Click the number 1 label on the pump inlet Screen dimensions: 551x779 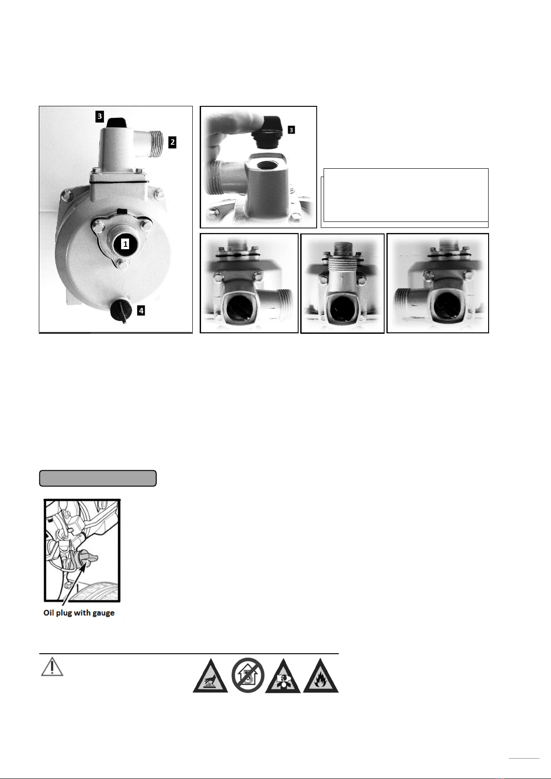[x=125, y=244]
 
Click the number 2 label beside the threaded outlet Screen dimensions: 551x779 [x=172, y=142]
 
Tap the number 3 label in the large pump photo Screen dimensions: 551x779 [x=100, y=116]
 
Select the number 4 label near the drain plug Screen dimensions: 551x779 [x=141, y=310]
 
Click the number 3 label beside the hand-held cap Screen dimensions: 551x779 [x=291, y=130]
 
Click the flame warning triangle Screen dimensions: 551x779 [x=320, y=676]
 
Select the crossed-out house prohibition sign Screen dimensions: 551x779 [x=248, y=675]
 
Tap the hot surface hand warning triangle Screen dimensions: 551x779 [x=210, y=676]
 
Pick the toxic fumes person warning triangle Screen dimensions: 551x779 [x=282, y=676]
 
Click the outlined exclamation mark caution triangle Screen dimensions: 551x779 [x=52, y=666]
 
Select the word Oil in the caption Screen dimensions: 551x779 [x=49, y=612]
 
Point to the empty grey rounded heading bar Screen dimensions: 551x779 [x=98, y=478]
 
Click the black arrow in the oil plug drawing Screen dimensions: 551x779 [x=74, y=582]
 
